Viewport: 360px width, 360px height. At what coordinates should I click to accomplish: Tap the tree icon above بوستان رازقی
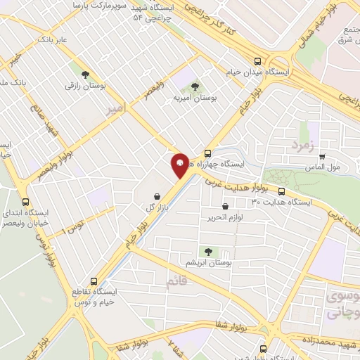coord(85,73)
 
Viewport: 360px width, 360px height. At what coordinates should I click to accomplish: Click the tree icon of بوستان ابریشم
coord(207,250)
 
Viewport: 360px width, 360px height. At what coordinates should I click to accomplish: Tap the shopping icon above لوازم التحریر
coord(225,207)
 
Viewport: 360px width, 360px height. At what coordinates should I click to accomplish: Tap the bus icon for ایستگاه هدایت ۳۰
coord(281,191)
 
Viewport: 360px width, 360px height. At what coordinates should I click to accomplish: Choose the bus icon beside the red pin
coord(207,153)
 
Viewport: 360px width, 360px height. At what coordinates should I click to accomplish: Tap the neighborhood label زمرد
coord(300,144)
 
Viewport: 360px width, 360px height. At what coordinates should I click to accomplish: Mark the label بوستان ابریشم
coord(208,262)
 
